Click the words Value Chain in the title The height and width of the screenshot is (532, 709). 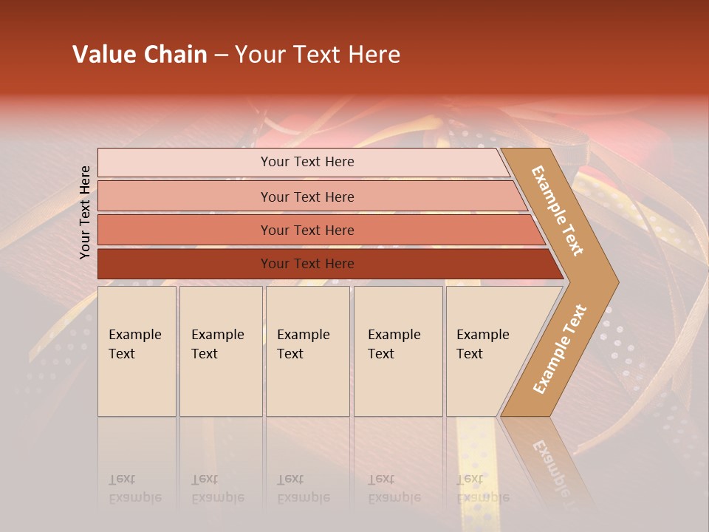coord(140,55)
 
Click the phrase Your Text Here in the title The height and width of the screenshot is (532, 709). coord(318,55)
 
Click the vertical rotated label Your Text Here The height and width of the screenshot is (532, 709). coord(85,212)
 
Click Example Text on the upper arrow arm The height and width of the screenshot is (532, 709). coord(558,211)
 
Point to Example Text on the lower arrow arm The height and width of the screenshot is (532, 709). coord(560,349)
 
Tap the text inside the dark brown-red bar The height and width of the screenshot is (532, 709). coord(307,264)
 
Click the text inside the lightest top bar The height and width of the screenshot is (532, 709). coord(307,162)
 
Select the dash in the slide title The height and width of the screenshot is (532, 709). coord(221,55)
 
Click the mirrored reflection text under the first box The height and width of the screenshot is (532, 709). coord(134,488)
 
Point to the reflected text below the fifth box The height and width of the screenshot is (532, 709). coord(482,488)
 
